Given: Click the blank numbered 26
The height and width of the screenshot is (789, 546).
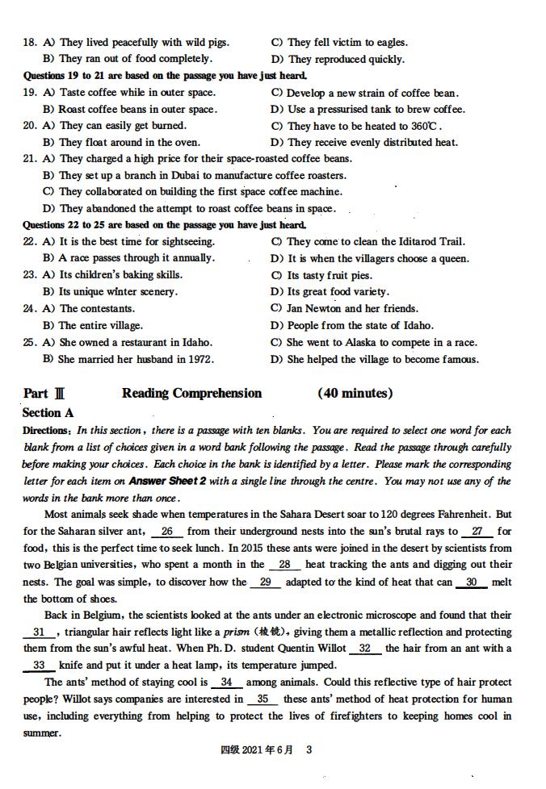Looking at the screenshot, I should point(167,532).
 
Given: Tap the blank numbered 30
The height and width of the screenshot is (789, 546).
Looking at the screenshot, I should point(472,582).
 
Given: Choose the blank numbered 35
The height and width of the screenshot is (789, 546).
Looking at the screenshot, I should point(262,699).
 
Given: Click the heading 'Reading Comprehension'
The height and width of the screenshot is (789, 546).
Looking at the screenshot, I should point(192,394).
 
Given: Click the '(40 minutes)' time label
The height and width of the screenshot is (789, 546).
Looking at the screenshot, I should point(355,394).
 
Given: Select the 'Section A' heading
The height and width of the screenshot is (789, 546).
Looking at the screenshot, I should point(48,412).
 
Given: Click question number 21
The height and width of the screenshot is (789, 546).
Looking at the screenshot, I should point(30,159).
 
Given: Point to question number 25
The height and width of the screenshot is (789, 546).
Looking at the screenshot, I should point(30,342).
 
